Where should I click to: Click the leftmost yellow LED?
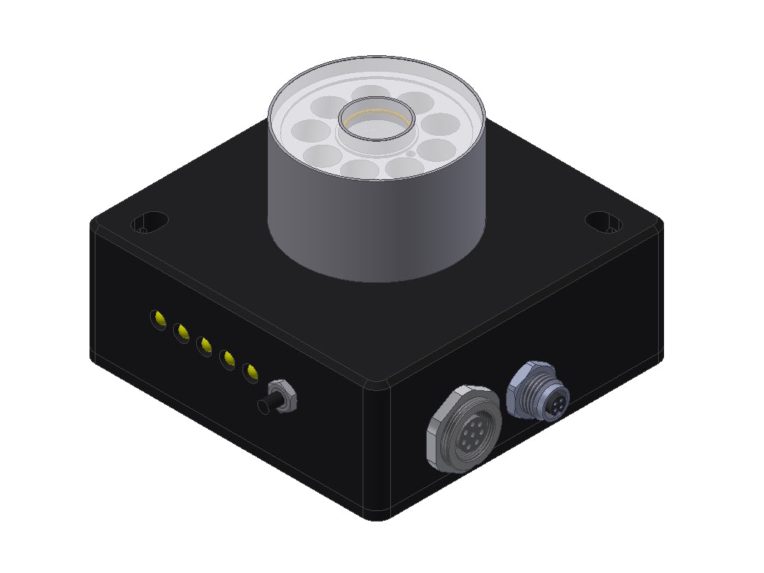click(158, 319)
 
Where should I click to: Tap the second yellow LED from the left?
click(181, 333)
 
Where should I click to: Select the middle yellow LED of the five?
click(204, 346)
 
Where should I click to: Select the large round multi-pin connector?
click(464, 429)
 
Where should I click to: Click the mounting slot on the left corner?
click(149, 222)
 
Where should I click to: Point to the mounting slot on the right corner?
click(604, 221)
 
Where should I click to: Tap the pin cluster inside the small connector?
click(555, 404)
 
